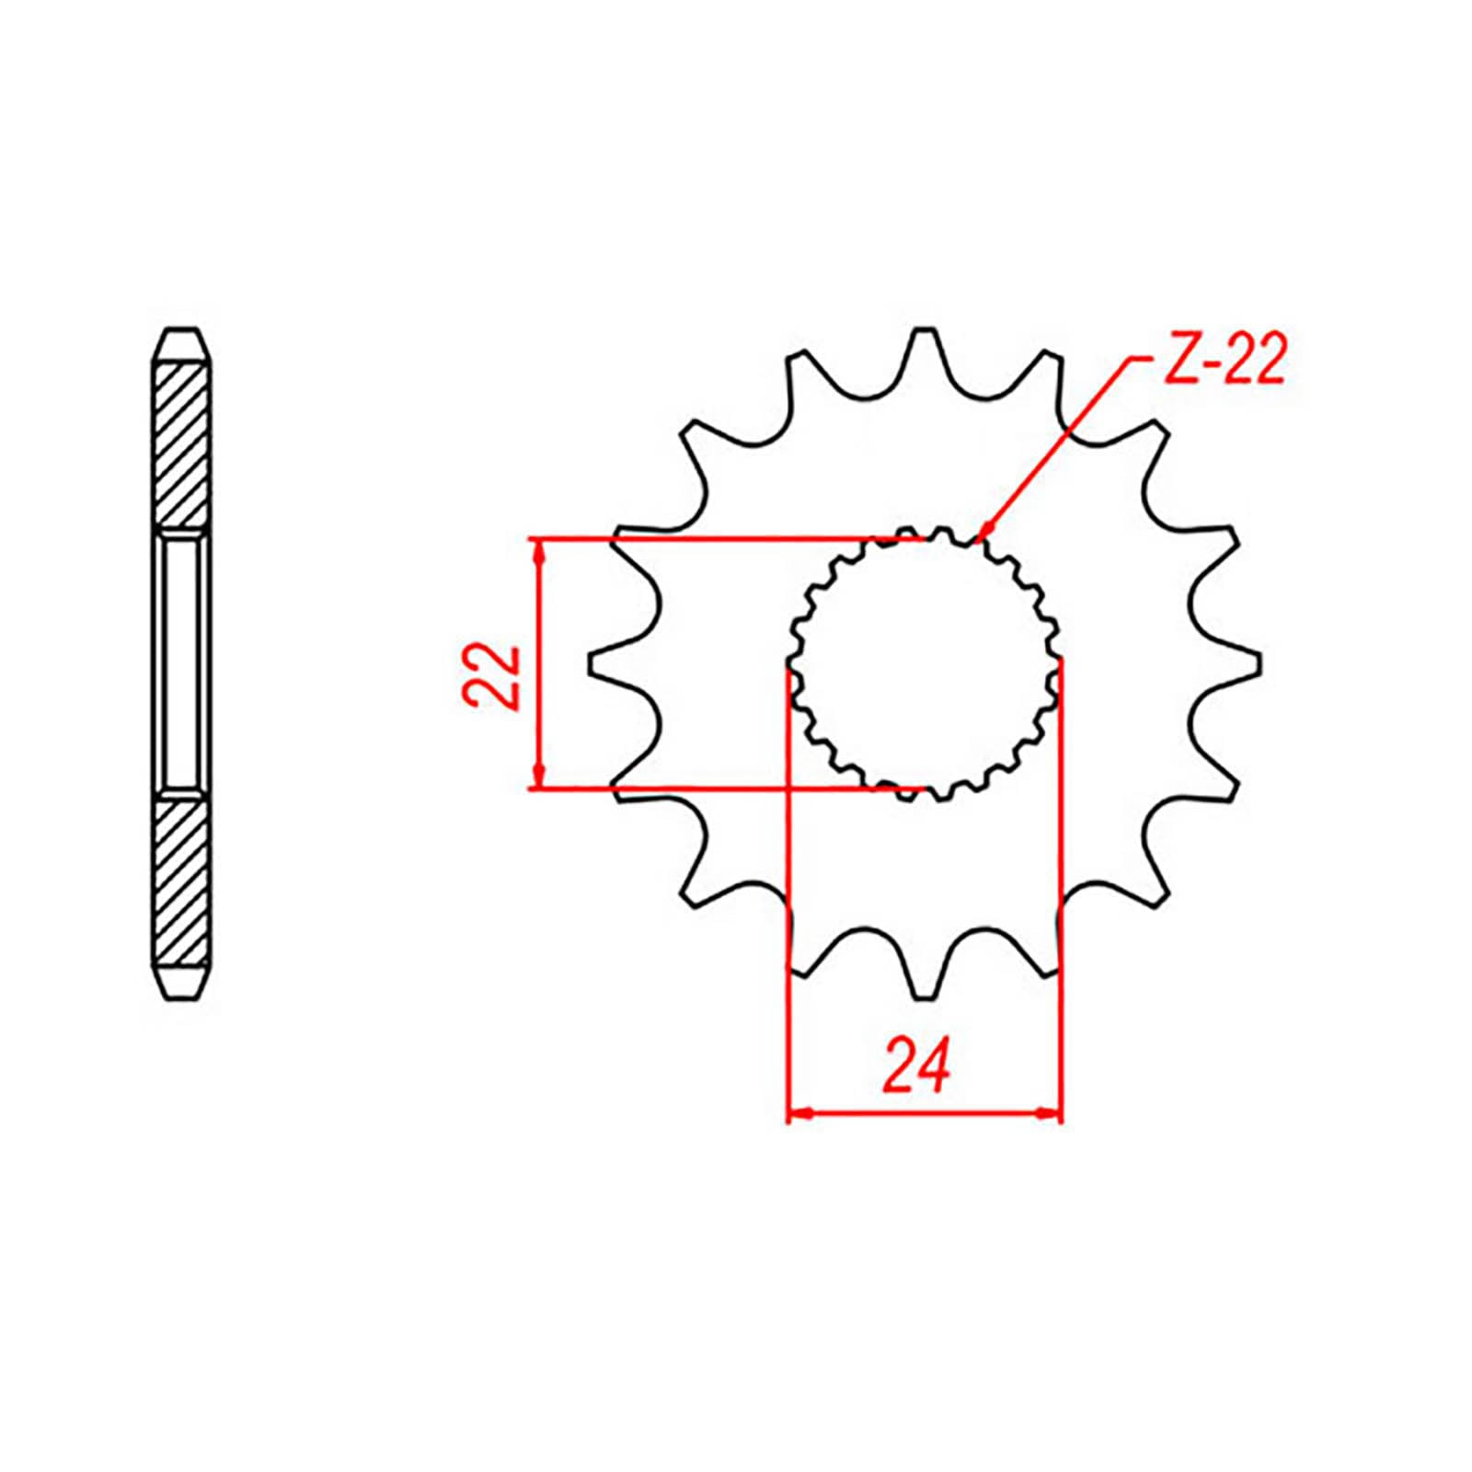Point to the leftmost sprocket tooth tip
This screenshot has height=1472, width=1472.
(590, 664)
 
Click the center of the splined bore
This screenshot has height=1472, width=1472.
(924, 662)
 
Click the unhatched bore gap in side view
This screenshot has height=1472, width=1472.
(181, 662)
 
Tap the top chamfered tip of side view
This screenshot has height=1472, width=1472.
(181, 340)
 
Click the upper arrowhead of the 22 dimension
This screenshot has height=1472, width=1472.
(540, 549)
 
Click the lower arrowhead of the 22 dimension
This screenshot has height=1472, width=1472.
(540, 776)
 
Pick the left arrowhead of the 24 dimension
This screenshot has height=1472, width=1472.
(799, 1113)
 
